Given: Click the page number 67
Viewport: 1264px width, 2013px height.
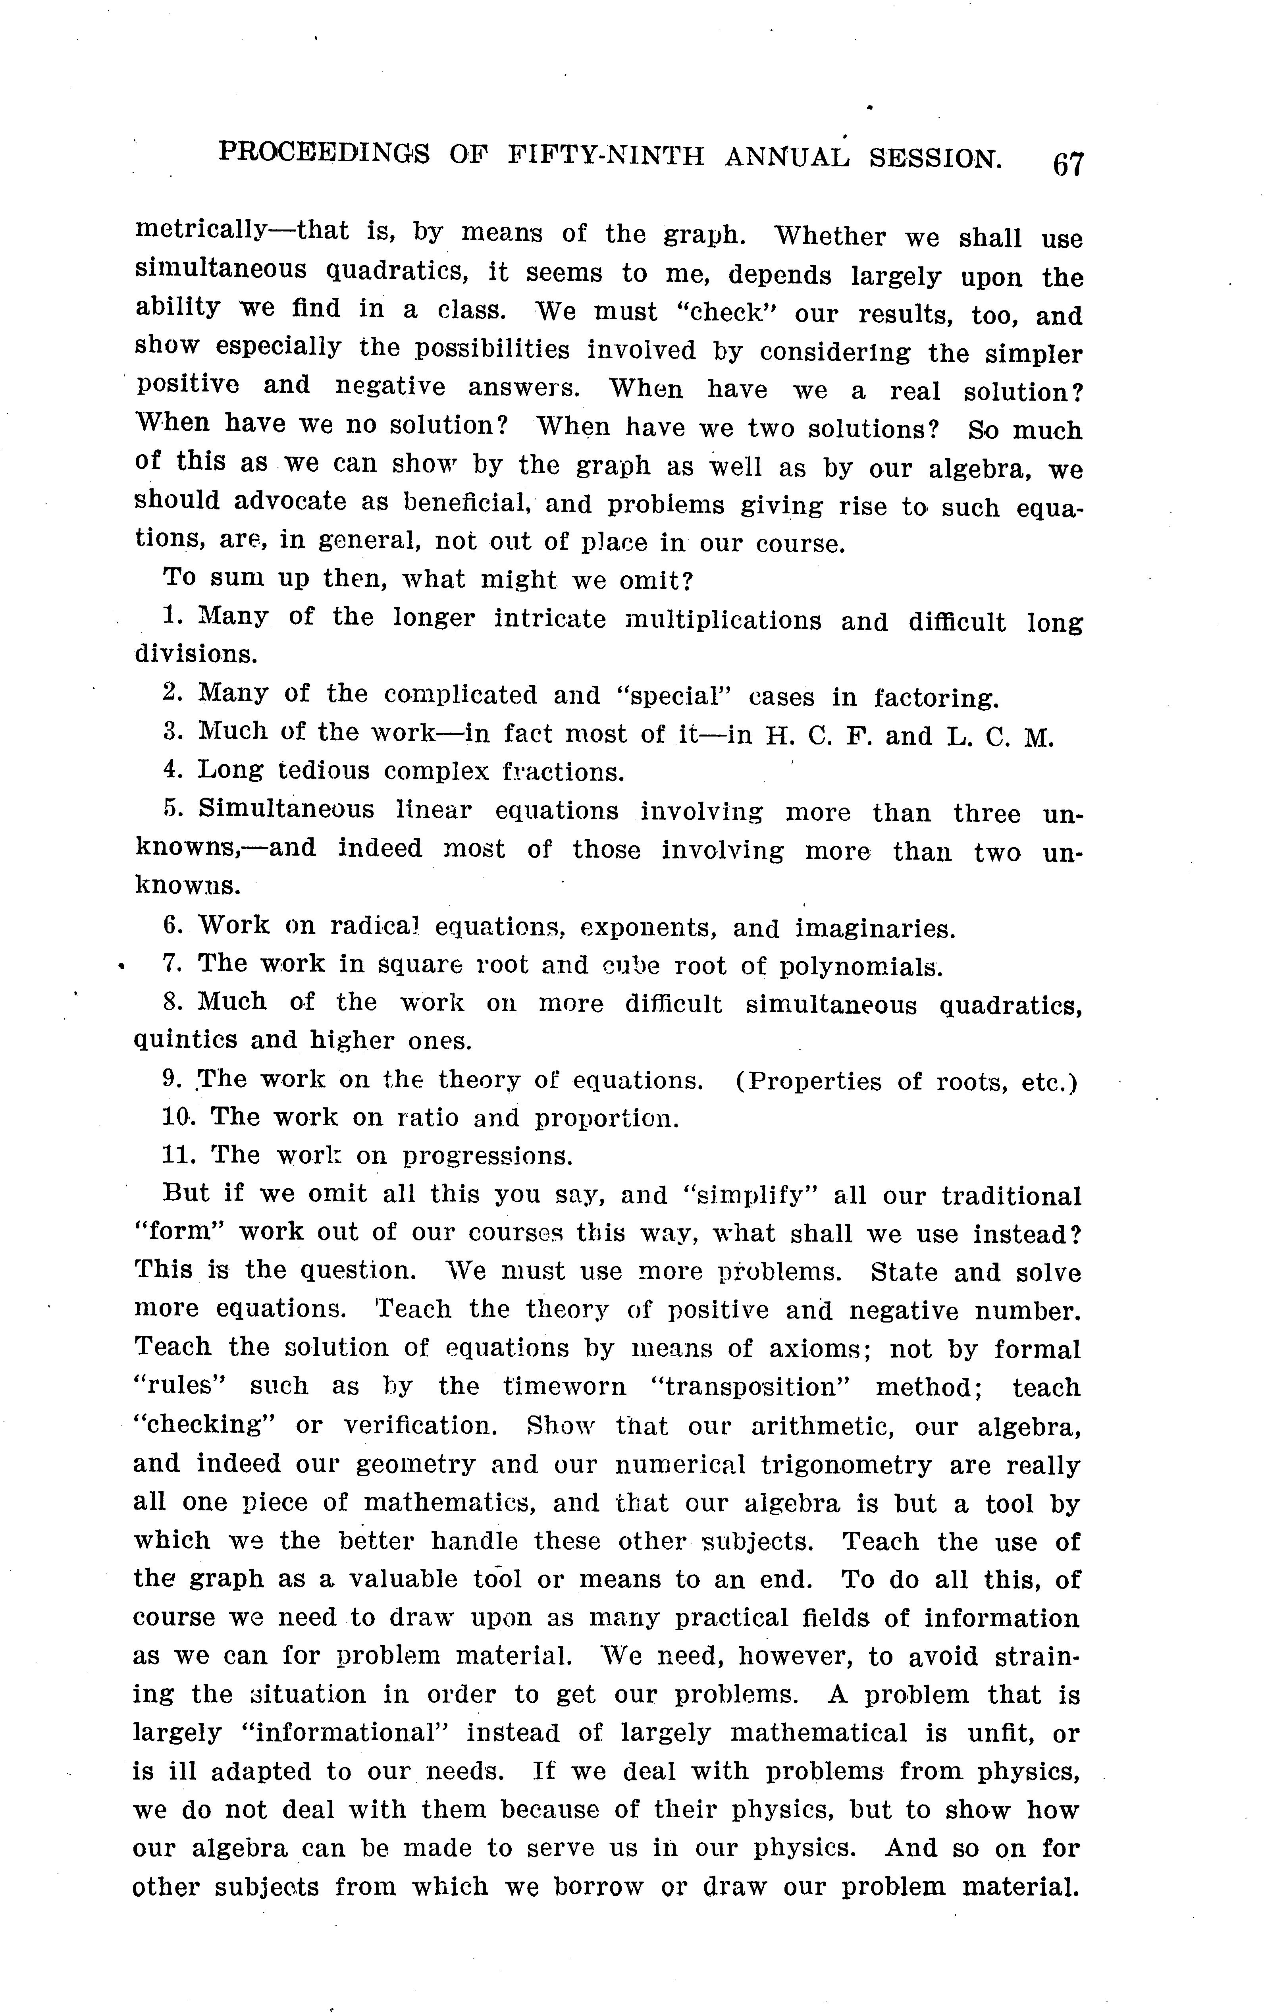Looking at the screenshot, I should pos(1068,163).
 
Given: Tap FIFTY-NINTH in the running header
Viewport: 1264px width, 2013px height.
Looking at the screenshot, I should pos(605,156).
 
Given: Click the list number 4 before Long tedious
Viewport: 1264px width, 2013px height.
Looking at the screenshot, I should pos(171,769).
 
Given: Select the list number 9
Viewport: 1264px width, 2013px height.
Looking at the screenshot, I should pos(171,1078).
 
